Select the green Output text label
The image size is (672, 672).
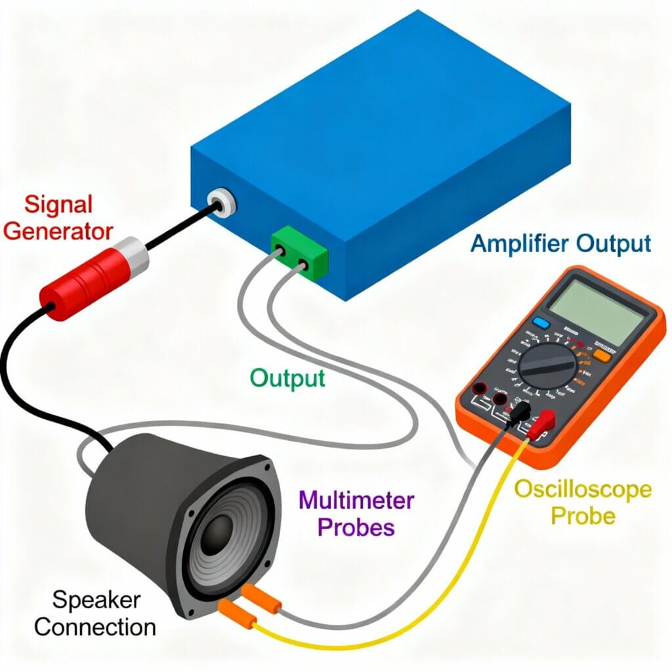287,378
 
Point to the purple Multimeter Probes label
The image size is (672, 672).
356,514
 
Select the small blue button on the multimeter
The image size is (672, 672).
541,322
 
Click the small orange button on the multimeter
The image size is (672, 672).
602,355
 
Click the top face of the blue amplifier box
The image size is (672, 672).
381,105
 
